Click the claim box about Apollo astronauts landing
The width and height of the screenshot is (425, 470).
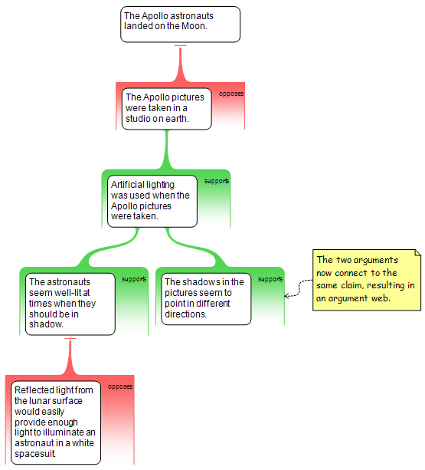180,25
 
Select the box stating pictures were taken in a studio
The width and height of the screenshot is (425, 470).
167,109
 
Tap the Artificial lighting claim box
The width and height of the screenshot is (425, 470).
152,201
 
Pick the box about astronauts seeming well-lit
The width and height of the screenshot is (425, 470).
70,304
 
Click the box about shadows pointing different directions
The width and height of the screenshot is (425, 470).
206,299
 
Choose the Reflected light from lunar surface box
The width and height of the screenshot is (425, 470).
56,422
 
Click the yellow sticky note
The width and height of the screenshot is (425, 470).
367,280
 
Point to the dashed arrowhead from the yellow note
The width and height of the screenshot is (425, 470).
286,296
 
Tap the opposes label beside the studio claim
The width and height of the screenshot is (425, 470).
231,94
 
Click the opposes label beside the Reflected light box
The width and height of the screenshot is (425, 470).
120,386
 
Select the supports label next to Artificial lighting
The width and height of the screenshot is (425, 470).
217,181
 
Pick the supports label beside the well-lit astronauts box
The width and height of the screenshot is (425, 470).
134,279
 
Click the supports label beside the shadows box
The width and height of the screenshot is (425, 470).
270,279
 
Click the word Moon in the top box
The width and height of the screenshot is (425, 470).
193,26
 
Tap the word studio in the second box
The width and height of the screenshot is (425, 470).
138,119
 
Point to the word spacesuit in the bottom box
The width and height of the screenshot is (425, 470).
34,454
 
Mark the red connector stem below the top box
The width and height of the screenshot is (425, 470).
180,63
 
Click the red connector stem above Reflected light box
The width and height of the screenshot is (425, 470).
70,357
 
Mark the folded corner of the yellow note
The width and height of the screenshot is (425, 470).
418,252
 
